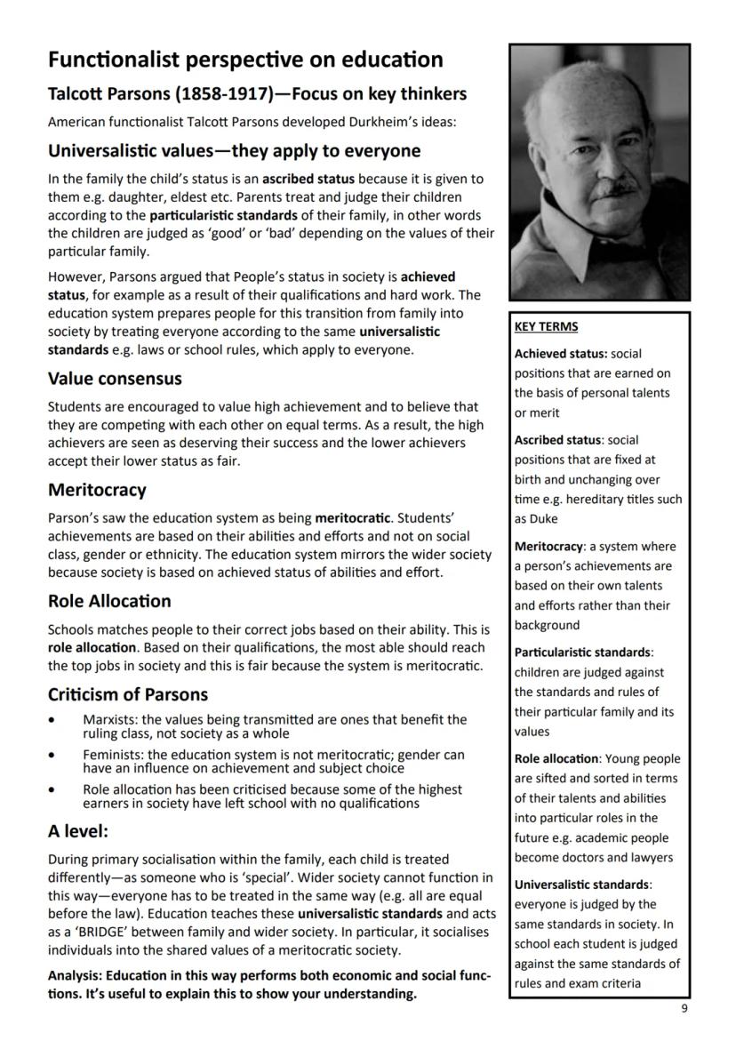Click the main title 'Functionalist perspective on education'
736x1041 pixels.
[x=245, y=60]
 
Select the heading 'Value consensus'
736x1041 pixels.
[x=115, y=379]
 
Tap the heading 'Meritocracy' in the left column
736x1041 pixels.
[x=97, y=490]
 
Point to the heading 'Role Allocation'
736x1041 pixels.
[x=109, y=601]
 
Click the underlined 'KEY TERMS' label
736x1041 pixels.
[x=546, y=326]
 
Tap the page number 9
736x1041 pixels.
[x=684, y=1008]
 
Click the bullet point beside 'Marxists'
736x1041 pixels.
[x=55, y=719]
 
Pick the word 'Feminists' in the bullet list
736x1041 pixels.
[x=113, y=755]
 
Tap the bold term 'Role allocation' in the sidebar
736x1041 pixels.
[x=556, y=758]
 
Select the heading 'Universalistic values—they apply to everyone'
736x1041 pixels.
[x=234, y=150]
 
